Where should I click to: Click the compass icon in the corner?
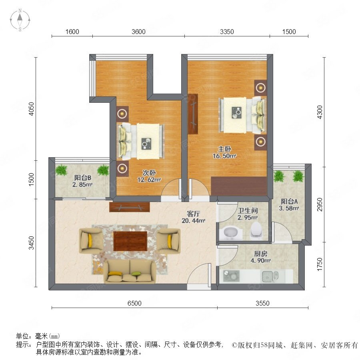tap(20, 20)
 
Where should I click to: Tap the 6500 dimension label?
tap(134, 303)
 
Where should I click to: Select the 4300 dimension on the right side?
tap(320, 112)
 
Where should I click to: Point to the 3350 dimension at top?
tap(227, 32)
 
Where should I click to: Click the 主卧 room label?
tap(224, 149)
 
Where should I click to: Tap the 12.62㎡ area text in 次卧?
tap(149, 180)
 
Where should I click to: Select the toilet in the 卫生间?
tap(256, 230)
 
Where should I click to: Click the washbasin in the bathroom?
tap(230, 233)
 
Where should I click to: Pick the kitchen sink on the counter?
tap(270, 276)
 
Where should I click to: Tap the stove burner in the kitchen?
tap(231, 276)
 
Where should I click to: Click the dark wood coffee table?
tap(130, 241)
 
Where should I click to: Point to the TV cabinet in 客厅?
tap(130, 207)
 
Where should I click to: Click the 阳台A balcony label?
tap(289, 201)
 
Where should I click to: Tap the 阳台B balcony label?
tap(83, 178)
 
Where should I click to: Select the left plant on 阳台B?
tap(61, 170)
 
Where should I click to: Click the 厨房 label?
tap(260, 254)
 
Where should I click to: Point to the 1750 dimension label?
tap(320, 264)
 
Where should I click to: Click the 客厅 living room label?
tap(193, 214)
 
